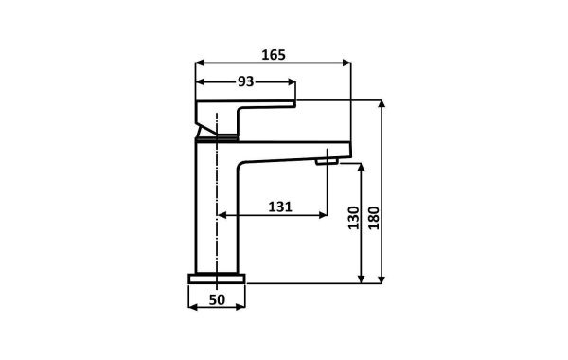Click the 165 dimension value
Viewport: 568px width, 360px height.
tap(274, 55)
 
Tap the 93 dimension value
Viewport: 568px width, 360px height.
tap(245, 81)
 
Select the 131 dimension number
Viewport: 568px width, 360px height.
tap(280, 207)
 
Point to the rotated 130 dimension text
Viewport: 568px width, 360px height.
tap(354, 218)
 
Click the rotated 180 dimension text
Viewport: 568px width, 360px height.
tap(374, 218)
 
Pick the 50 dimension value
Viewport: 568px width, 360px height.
tap(217, 299)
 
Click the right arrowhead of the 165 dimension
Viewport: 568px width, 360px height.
tap(346, 63)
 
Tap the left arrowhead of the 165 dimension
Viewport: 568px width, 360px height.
tap(200, 63)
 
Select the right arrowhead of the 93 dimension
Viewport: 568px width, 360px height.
tap(292, 81)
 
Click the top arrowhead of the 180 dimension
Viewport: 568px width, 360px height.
tap(382, 104)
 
